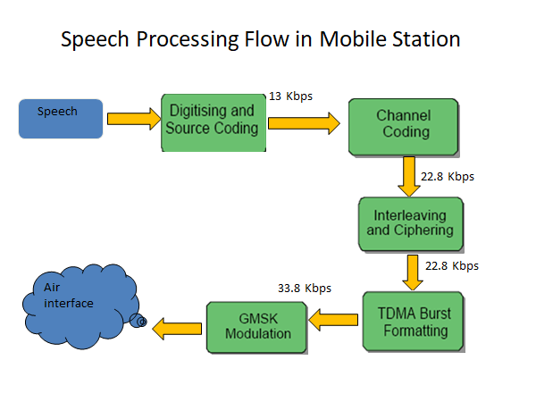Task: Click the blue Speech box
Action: (x=61, y=119)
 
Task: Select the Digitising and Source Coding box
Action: (x=214, y=122)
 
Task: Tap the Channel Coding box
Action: (x=404, y=128)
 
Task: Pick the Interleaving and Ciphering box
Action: (x=411, y=224)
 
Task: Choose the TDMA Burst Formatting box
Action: (x=414, y=322)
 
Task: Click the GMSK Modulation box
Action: (x=257, y=328)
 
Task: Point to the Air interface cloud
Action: (x=80, y=306)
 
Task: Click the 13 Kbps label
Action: (x=290, y=96)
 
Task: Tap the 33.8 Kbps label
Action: (x=305, y=289)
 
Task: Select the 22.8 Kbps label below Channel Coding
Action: (x=448, y=176)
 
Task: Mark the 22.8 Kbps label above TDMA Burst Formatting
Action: (x=452, y=265)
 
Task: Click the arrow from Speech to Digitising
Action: (x=134, y=119)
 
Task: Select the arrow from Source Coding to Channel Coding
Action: (x=305, y=123)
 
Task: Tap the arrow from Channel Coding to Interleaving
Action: (x=409, y=176)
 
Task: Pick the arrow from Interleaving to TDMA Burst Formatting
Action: (x=413, y=272)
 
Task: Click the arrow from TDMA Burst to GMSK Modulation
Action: (x=333, y=320)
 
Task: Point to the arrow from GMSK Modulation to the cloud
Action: (x=177, y=329)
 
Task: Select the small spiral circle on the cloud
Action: (x=138, y=321)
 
